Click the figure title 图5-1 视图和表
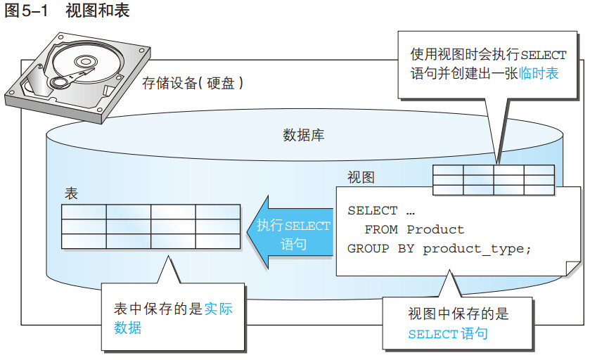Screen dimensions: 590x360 coord(67,10)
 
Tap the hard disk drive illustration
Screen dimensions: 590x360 coord(77,78)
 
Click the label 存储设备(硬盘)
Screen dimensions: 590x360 coord(193,83)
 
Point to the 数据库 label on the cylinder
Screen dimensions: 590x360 coord(303,135)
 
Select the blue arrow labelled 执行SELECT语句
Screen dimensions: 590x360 coord(290,233)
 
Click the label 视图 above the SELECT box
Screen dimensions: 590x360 coord(361,177)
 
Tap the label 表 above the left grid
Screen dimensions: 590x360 coord(71,194)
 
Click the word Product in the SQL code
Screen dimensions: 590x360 coord(435,229)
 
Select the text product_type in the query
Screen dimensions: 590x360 coord(473,249)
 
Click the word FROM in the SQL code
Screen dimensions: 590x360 coord(380,229)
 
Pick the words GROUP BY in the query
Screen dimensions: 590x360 coord(380,249)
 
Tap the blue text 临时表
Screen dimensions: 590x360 coord(539,73)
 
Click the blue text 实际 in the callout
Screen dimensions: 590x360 coord(218,309)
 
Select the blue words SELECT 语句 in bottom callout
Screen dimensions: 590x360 coord(448,334)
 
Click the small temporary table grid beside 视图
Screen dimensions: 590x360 coord(493,180)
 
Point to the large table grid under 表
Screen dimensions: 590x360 coord(150,226)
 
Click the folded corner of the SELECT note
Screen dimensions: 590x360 coord(573,269)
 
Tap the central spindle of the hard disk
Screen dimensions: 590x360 coord(86,61)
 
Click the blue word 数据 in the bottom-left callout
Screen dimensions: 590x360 coord(127,328)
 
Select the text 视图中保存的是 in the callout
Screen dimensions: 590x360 coord(458,314)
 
